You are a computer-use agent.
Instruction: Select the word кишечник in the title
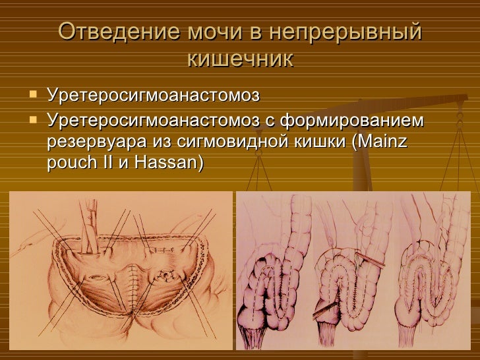(x=240, y=60)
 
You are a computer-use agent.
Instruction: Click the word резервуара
(x=93, y=141)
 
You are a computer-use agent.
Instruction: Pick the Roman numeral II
(x=106, y=161)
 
